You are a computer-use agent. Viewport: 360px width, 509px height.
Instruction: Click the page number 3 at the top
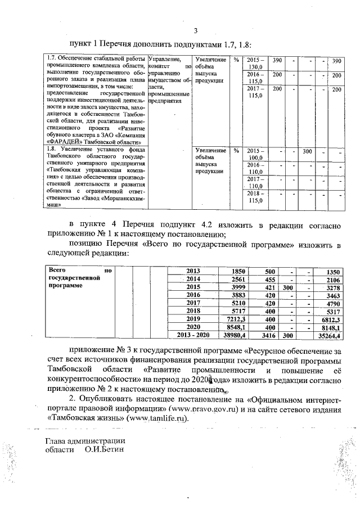click(x=196, y=30)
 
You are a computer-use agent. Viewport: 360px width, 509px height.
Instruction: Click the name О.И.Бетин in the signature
click(x=104, y=451)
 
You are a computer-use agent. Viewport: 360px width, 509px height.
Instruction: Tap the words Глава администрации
click(x=85, y=442)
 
